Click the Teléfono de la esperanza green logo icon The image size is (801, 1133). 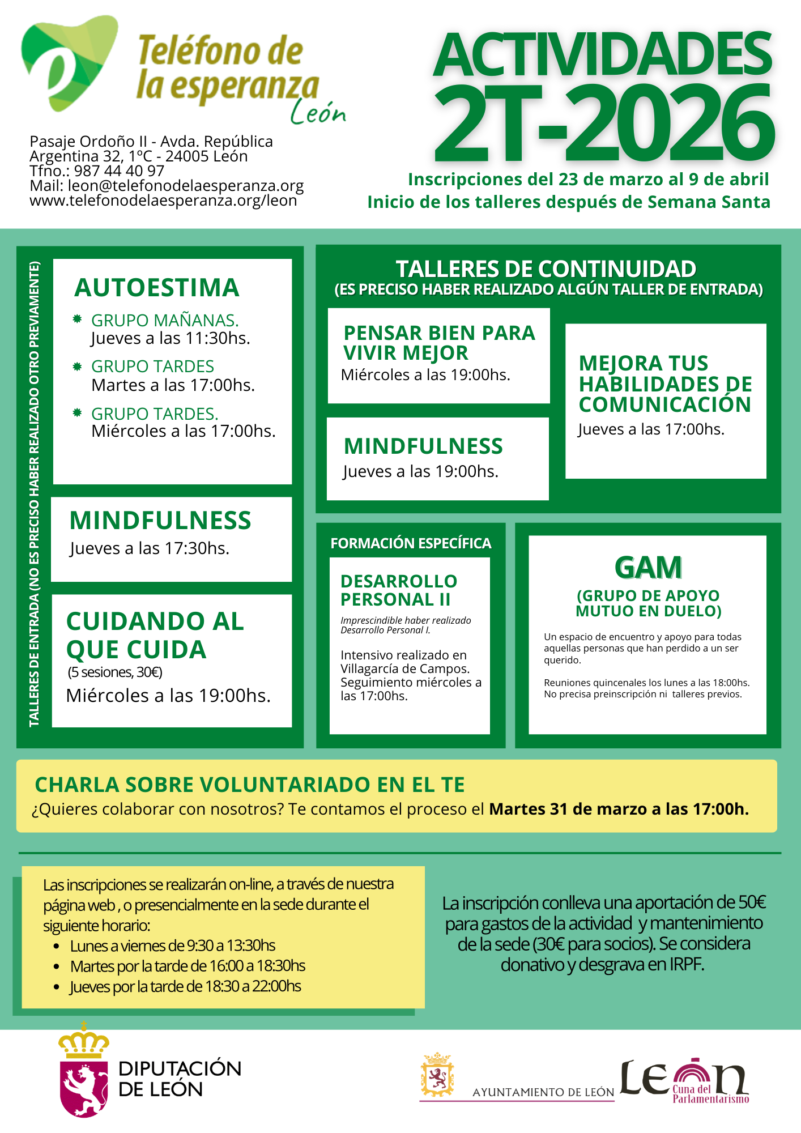pyautogui.click(x=68, y=62)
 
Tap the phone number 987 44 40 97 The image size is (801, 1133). pyautogui.click(x=119, y=171)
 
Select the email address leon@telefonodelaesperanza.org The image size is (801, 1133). pyautogui.click(x=185, y=186)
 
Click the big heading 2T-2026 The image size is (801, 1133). pyautogui.click(x=603, y=125)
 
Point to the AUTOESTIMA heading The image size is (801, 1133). pyautogui.click(x=157, y=288)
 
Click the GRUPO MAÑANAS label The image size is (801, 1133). pyautogui.click(x=164, y=321)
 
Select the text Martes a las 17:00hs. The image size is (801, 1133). pyautogui.click(x=173, y=385)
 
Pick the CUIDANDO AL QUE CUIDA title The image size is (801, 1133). pyautogui.click(x=155, y=636)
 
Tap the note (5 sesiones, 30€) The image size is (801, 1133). pyautogui.click(x=115, y=672)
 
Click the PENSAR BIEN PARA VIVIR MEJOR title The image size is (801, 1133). pyautogui.click(x=439, y=343)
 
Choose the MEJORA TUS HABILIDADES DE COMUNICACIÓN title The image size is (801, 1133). pyautogui.click(x=665, y=384)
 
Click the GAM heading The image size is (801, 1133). pyautogui.click(x=648, y=568)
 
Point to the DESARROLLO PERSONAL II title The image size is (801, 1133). pyautogui.click(x=399, y=590)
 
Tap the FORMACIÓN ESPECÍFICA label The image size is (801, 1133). pyautogui.click(x=411, y=544)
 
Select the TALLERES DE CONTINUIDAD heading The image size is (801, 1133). pyautogui.click(x=546, y=269)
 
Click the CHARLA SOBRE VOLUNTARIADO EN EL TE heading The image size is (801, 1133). pyautogui.click(x=250, y=785)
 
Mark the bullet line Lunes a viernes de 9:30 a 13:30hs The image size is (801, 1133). pyautogui.click(x=173, y=945)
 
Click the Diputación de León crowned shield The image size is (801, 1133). pyautogui.click(x=84, y=1072)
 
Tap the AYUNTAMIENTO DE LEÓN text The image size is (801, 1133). pyautogui.click(x=543, y=1092)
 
